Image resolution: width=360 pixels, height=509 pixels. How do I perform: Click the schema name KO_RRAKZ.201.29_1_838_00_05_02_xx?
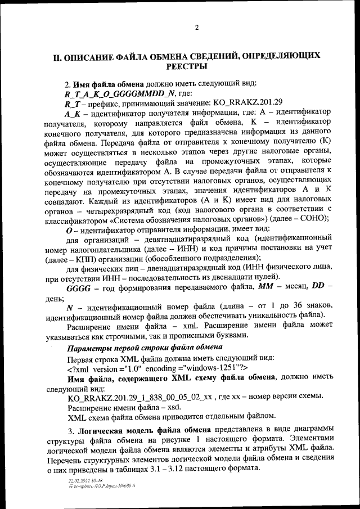click(140, 397)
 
